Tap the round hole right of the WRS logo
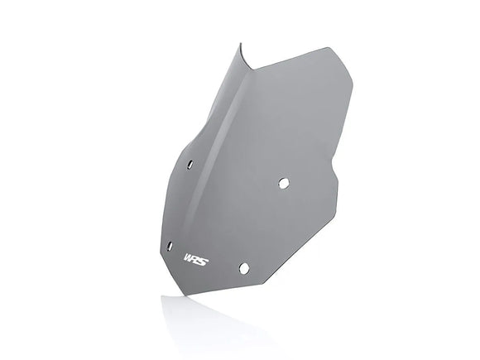243,266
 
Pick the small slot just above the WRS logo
170,245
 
